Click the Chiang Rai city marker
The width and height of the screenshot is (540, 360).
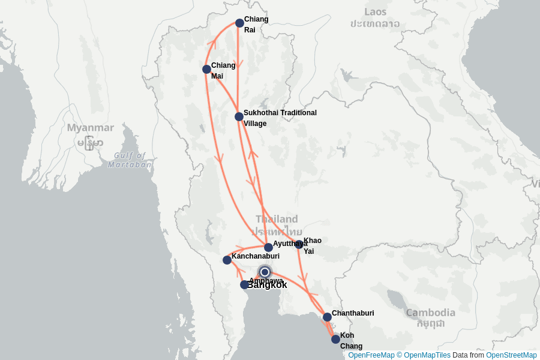tap(239, 23)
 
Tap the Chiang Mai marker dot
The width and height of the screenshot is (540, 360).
tap(206, 70)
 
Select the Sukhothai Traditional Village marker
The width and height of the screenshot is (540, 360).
tap(239, 116)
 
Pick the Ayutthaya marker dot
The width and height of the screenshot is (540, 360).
tap(268, 247)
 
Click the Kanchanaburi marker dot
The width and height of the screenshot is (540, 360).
tap(227, 260)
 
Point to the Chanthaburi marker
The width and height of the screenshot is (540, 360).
tap(327, 317)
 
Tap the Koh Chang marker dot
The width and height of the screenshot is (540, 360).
tap(335, 339)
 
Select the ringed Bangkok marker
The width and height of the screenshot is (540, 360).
tap(265, 272)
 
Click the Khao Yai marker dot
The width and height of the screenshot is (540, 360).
tap(299, 244)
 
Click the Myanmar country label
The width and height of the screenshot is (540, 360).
tap(90, 128)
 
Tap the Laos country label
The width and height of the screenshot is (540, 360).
tap(376, 11)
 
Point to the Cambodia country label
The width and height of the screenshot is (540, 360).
tap(430, 313)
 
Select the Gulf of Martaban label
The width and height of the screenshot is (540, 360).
tap(130, 160)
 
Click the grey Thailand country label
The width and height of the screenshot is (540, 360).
tap(277, 219)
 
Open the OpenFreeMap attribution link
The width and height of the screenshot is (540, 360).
tap(371, 355)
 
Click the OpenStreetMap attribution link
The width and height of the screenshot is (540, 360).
tap(511, 355)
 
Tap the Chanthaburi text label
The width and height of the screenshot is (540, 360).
tap(353, 313)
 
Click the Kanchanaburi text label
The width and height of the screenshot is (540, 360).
tap(256, 256)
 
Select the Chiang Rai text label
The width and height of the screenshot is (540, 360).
tap(256, 24)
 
